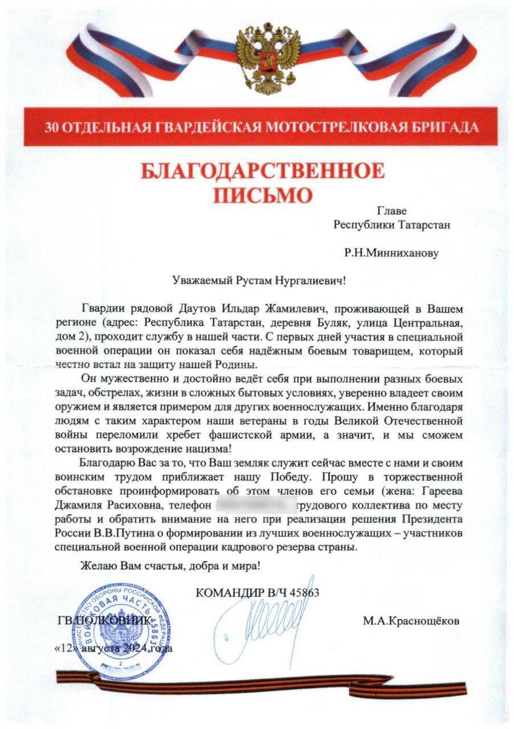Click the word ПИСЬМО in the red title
tap(263, 194)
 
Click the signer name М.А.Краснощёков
tap(410, 621)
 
